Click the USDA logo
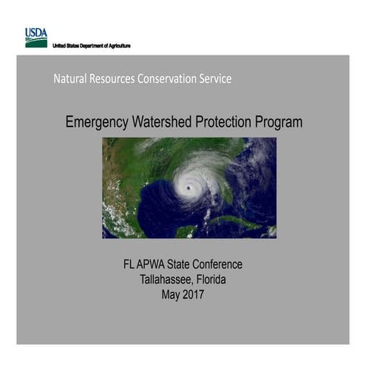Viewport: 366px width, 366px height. [35, 38]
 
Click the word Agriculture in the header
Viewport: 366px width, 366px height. [118, 46]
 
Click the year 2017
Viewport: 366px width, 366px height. [194, 295]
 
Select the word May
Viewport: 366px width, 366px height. [171, 296]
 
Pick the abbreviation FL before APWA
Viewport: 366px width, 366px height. [131, 265]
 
